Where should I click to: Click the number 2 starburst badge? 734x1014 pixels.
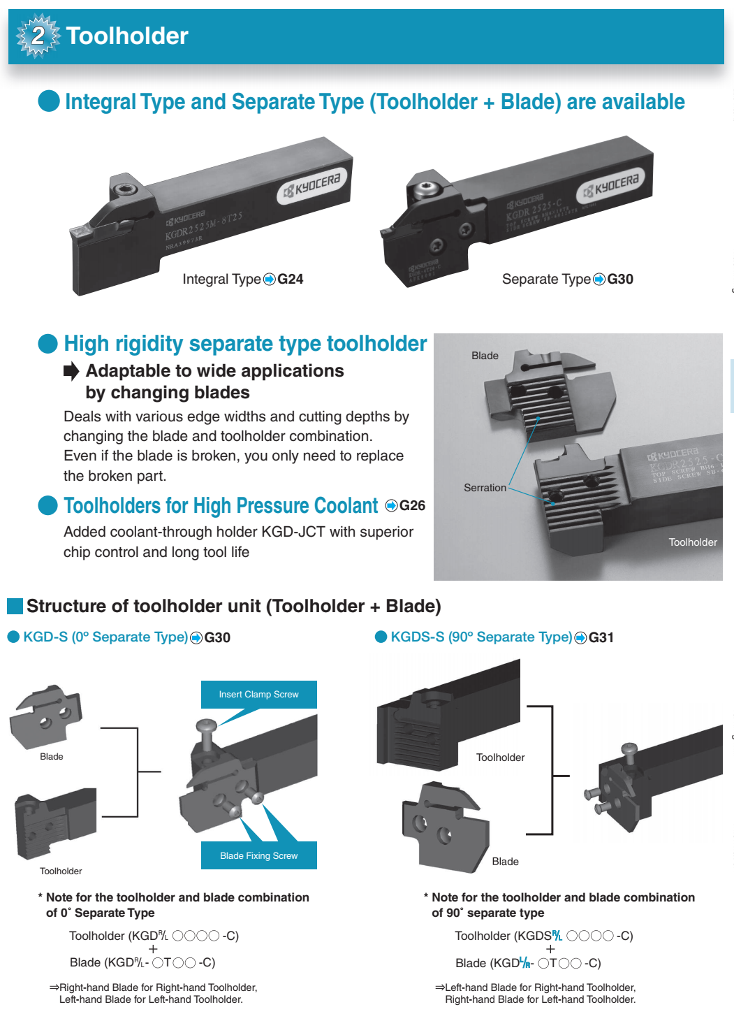click(38, 36)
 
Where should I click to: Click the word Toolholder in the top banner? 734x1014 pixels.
click(127, 36)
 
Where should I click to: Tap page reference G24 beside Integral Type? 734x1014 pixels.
click(290, 280)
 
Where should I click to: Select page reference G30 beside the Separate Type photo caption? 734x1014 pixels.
click(620, 280)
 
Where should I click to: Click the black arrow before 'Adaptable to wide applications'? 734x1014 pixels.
click(71, 371)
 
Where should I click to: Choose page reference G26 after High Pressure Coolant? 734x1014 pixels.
click(412, 506)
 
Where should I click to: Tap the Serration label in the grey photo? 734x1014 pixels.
click(485, 488)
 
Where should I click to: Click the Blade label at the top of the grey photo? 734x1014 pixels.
click(485, 356)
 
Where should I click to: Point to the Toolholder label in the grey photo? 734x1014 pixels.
click(693, 542)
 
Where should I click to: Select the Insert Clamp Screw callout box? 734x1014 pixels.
click(258, 695)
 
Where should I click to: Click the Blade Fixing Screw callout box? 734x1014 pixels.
click(258, 855)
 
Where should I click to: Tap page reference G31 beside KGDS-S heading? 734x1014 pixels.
click(601, 637)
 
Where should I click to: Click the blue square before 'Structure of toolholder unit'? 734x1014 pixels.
click(15, 606)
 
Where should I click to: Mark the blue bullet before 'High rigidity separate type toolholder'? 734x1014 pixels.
click(47, 344)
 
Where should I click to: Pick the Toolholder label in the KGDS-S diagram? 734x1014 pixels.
click(500, 758)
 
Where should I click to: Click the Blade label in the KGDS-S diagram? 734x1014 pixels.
click(505, 862)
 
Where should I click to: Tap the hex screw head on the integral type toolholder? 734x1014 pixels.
click(124, 189)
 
